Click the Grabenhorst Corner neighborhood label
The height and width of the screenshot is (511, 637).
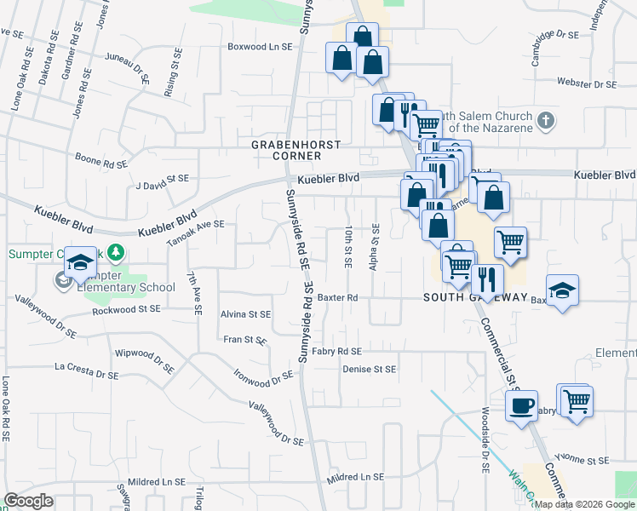[x=286, y=151]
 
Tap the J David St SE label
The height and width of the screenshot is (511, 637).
[x=162, y=181]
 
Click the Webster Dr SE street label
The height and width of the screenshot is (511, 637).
[x=587, y=83]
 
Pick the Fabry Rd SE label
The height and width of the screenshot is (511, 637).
[x=336, y=351]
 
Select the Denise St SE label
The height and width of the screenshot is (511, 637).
[x=370, y=369]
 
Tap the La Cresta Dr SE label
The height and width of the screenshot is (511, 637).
[x=86, y=372]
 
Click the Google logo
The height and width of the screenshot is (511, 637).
[x=28, y=501]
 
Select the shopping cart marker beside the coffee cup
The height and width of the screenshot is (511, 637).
[x=576, y=400]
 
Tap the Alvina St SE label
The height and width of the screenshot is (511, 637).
[x=245, y=314]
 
